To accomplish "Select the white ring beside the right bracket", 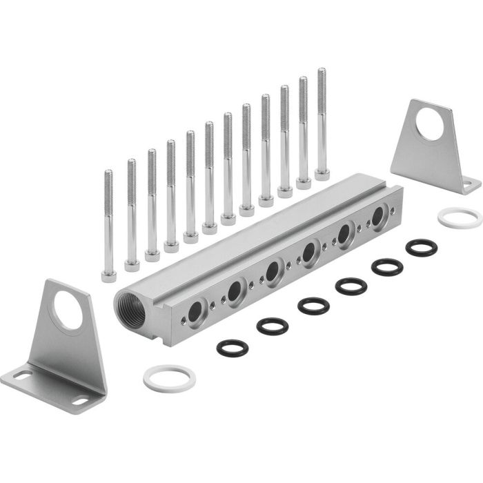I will [x=460, y=217].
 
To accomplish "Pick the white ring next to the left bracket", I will [x=169, y=377].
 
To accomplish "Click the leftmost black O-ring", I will [x=233, y=347].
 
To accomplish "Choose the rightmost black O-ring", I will [x=421, y=247].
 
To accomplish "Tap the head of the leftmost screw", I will [x=109, y=276].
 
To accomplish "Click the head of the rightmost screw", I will [x=322, y=175].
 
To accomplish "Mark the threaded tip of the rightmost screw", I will [x=322, y=72].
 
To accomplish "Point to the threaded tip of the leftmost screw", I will [x=108, y=173].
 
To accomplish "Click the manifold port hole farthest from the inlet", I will [x=377, y=217].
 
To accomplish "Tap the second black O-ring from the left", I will [x=272, y=326].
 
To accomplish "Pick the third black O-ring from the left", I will [x=313, y=306].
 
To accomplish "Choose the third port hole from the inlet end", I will [x=273, y=270].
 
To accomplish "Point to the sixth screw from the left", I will [x=210, y=176].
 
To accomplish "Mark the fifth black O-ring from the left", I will [x=387, y=266].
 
